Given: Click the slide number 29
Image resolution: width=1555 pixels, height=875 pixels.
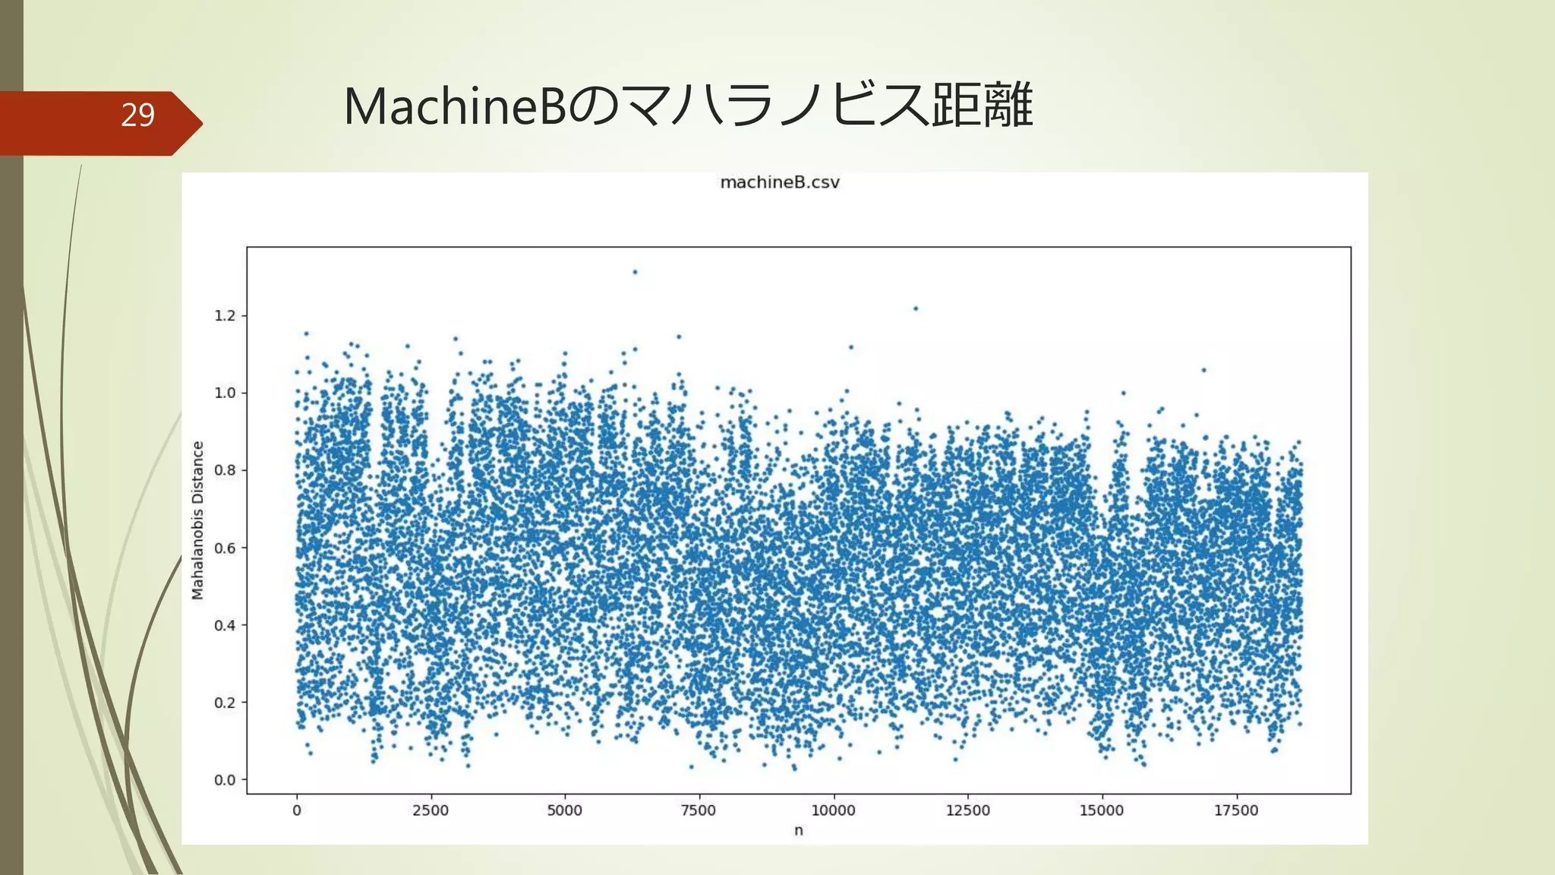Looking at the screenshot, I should coord(137,115).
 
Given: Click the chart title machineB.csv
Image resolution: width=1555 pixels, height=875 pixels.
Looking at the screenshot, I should coord(779,182).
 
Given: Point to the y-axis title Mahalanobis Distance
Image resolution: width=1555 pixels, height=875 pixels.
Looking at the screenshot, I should coord(198,520).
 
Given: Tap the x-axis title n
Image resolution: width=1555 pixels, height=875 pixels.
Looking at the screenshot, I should coord(798,830).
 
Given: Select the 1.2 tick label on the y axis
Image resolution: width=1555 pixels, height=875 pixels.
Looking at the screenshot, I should coord(225,315).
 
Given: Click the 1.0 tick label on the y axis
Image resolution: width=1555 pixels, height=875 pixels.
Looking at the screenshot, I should coord(225,393).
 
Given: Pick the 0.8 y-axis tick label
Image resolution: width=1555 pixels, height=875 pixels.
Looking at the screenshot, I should coord(225,470).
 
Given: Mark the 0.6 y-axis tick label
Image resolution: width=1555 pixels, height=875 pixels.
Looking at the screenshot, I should coord(225,548).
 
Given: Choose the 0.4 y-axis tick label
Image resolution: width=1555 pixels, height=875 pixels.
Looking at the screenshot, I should coord(225,625).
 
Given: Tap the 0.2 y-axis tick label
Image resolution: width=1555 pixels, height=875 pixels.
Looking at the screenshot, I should coord(225,703).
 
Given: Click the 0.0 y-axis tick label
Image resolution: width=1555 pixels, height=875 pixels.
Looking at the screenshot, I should coord(225,780).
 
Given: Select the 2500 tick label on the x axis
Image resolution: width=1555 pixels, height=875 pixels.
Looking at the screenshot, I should coord(431,810).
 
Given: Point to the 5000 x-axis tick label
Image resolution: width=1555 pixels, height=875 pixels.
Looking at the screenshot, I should coord(564,810).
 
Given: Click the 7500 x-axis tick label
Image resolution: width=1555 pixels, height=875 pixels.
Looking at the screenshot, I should coord(699,810).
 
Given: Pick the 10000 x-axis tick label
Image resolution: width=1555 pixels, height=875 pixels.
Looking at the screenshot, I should coord(833,810).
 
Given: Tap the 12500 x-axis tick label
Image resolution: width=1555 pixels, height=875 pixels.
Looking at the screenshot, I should coord(967,810).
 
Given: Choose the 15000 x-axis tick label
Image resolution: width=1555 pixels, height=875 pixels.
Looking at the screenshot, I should coord(1102,810).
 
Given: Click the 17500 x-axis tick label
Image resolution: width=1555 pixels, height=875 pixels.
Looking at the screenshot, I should coord(1236,810).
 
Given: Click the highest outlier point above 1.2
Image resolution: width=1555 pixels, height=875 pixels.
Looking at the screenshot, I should coord(635,272).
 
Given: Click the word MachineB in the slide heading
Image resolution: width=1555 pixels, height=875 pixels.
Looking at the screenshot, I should coord(455,106).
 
